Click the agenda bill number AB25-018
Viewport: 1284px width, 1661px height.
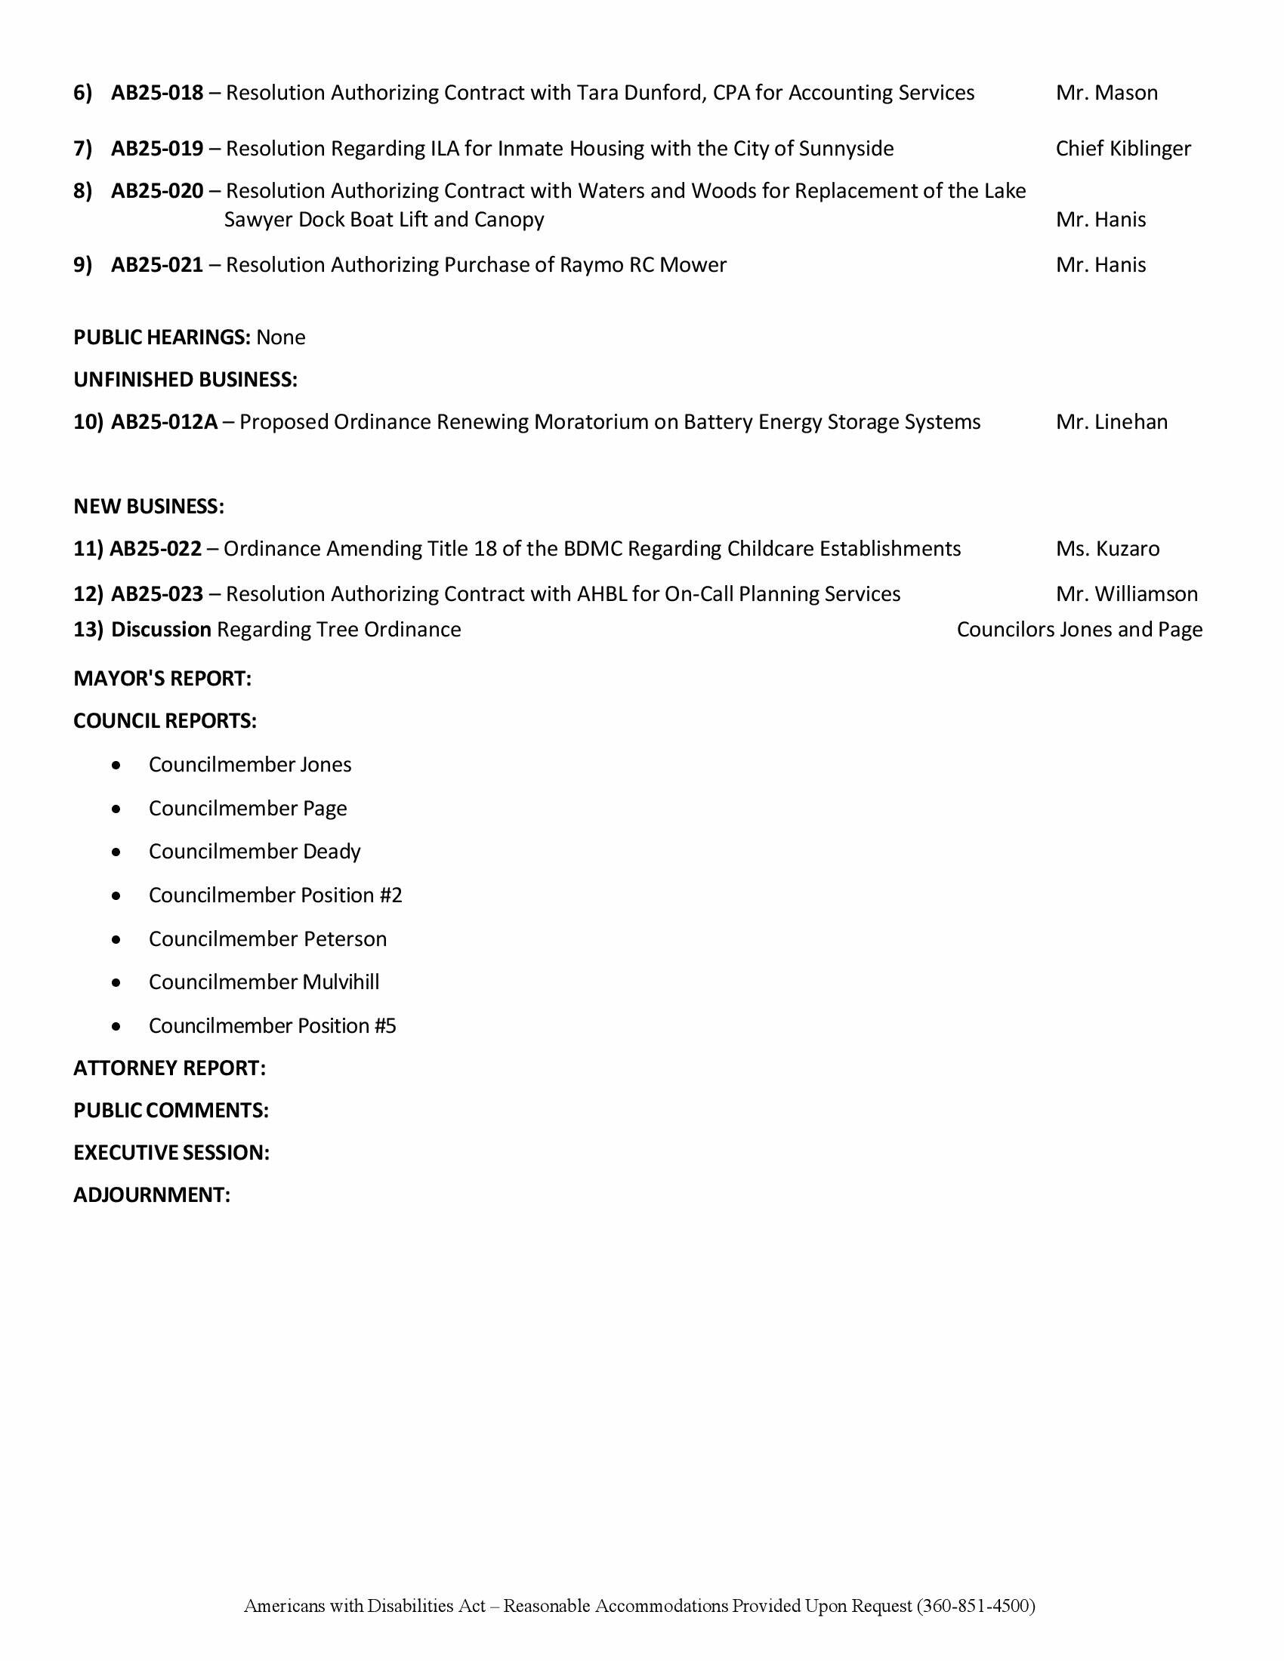[157, 93]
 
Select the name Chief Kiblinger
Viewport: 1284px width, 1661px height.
[1122, 148]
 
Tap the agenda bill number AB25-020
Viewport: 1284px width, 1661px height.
[157, 191]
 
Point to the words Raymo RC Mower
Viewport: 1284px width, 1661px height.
[643, 265]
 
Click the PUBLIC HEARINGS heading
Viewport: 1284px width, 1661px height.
[162, 337]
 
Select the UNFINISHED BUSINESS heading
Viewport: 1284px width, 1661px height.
[185, 380]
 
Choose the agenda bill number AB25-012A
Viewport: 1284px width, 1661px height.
[165, 422]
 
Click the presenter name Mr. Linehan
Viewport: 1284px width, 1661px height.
[1111, 422]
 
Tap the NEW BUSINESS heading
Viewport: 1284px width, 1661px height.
[148, 507]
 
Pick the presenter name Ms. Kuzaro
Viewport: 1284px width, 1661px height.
[1107, 548]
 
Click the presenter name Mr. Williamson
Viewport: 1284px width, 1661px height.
[1127, 594]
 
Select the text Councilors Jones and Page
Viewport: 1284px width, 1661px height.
[1079, 630]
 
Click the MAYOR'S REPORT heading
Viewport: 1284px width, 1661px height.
[162, 679]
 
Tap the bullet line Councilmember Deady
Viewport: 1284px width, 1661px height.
[254, 852]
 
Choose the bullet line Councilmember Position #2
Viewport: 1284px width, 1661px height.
[275, 895]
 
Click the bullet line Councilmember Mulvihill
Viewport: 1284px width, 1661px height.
[263, 981]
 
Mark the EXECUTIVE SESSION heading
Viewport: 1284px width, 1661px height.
[171, 1153]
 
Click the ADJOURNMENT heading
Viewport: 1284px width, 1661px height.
[151, 1195]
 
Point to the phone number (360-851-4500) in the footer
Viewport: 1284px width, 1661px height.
[976, 1605]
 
